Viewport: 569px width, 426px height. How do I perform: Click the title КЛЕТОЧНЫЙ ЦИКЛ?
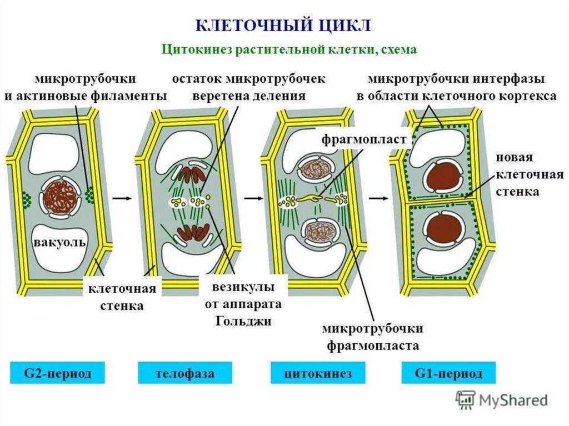(x=283, y=26)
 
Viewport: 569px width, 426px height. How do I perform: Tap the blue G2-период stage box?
(x=57, y=373)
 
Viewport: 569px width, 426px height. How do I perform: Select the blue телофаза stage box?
(x=184, y=373)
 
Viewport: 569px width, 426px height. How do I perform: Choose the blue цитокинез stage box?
(x=318, y=373)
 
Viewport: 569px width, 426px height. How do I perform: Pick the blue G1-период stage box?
(x=448, y=373)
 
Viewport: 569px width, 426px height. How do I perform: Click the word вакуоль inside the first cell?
(x=60, y=242)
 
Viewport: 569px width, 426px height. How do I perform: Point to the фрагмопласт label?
(x=364, y=139)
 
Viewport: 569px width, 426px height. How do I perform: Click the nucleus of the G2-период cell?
(x=59, y=197)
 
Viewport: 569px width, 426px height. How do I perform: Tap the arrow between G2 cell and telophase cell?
(x=121, y=198)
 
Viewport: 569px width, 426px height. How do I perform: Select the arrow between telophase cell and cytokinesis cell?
(x=253, y=198)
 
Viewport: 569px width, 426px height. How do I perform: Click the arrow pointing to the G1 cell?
(x=378, y=198)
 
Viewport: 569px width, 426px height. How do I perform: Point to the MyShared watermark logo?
(x=502, y=400)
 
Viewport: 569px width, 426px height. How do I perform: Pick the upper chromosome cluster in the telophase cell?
(x=192, y=174)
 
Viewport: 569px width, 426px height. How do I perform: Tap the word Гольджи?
(x=243, y=321)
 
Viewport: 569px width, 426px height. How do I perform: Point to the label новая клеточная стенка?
(x=529, y=174)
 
